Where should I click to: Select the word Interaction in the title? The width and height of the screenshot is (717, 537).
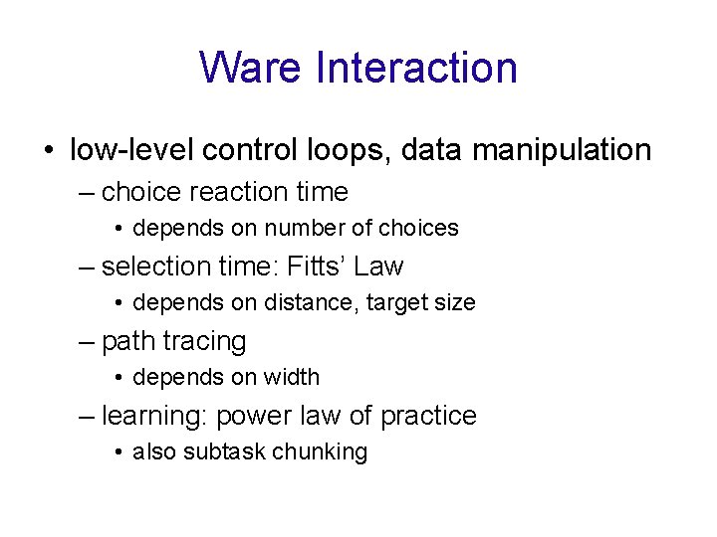point(416,68)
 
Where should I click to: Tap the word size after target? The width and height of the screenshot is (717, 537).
point(454,302)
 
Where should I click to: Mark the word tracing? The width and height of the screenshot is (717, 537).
point(204,341)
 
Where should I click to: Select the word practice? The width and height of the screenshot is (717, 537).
point(429,416)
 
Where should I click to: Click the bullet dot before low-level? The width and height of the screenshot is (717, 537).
point(49,151)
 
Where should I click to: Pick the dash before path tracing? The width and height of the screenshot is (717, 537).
point(87,341)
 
